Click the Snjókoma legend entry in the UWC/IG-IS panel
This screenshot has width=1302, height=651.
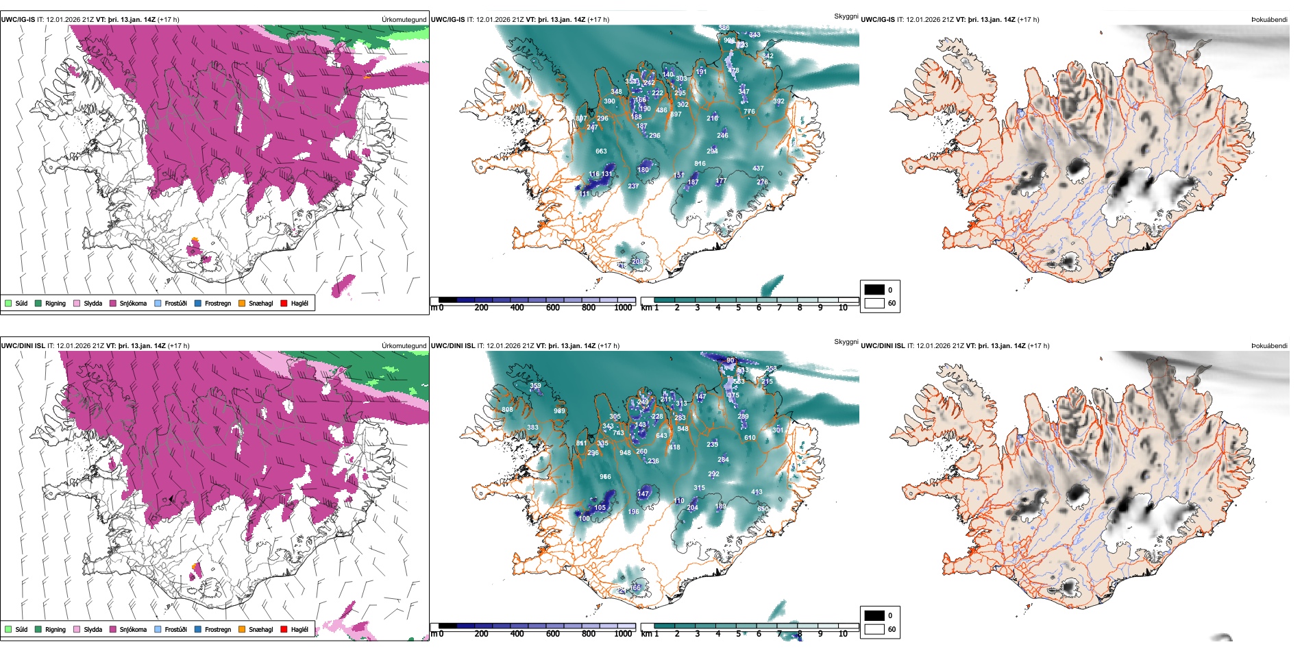click(x=132, y=304)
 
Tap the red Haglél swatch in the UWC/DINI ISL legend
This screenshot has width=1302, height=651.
click(x=284, y=629)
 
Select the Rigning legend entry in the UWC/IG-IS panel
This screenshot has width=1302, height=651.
click(x=55, y=304)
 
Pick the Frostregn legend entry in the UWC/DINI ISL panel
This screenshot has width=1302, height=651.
click(x=217, y=629)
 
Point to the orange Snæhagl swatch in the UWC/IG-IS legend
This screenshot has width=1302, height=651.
click(x=242, y=304)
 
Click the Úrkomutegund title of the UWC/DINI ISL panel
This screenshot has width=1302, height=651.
click(x=404, y=346)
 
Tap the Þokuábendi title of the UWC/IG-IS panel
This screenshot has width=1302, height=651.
click(x=1269, y=20)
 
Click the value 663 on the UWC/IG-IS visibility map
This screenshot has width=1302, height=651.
click(x=601, y=151)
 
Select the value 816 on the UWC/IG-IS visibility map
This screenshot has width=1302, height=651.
click(x=700, y=164)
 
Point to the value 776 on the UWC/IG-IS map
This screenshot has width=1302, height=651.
click(x=749, y=112)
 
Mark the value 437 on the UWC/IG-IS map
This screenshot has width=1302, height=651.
click(x=758, y=169)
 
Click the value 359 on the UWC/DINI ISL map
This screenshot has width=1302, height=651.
click(x=535, y=386)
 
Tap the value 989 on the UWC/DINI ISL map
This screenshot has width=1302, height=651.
click(x=560, y=411)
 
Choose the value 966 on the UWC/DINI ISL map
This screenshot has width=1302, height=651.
click(x=605, y=477)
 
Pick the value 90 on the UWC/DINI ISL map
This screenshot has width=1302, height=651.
click(x=730, y=360)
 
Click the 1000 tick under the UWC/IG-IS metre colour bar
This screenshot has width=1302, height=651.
click(x=623, y=308)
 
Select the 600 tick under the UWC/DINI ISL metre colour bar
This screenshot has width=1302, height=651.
click(x=552, y=634)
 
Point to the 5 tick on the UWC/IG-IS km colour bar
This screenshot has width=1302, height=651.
click(x=738, y=308)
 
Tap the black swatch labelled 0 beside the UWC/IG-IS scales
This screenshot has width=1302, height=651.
click(x=874, y=290)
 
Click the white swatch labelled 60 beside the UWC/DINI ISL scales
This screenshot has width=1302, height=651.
click(x=874, y=629)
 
